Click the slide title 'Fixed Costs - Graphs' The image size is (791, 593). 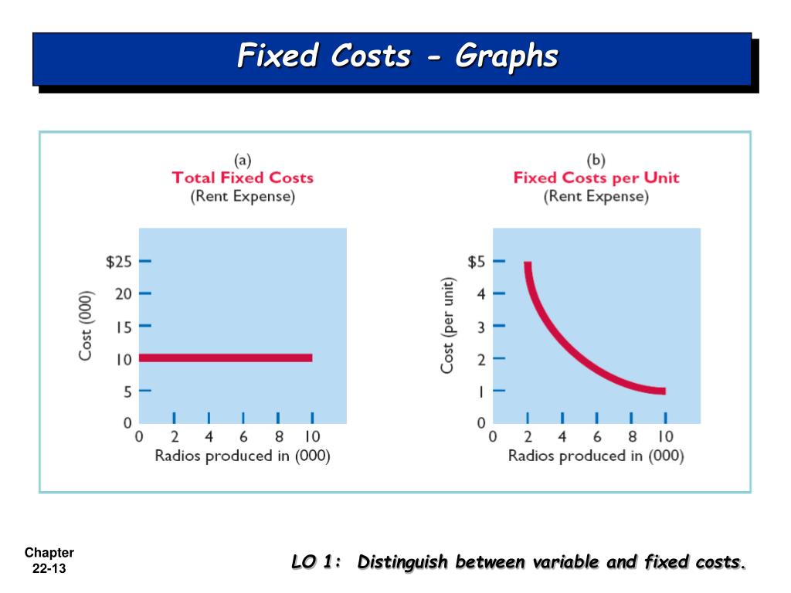pyautogui.click(x=397, y=56)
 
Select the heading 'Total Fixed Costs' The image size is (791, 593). pyautogui.click(x=243, y=178)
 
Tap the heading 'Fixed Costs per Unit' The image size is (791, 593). pyautogui.click(x=596, y=178)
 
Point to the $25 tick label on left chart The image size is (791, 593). pyautogui.click(x=118, y=262)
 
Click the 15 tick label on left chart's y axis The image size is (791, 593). pyautogui.click(x=124, y=327)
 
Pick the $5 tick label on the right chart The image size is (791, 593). pyautogui.click(x=476, y=262)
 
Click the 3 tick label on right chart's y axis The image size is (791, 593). pyautogui.click(x=480, y=327)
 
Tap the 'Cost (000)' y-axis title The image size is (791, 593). pyautogui.click(x=86, y=325)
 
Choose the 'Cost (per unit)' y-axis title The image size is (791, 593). pyautogui.click(x=447, y=325)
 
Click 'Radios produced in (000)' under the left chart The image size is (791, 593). pyautogui.click(x=243, y=456)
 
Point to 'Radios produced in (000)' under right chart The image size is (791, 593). pyautogui.click(x=596, y=456)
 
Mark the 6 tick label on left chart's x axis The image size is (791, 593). pyautogui.click(x=243, y=437)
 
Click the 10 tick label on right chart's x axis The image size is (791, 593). pyautogui.click(x=665, y=437)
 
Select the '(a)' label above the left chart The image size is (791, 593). pyautogui.click(x=243, y=160)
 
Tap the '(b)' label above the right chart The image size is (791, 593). pyautogui.click(x=596, y=160)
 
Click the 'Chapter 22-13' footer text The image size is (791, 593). pyautogui.click(x=49, y=560)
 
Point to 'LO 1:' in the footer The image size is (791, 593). pyautogui.click(x=317, y=562)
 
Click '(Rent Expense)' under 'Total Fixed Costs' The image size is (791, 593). pyautogui.click(x=243, y=196)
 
